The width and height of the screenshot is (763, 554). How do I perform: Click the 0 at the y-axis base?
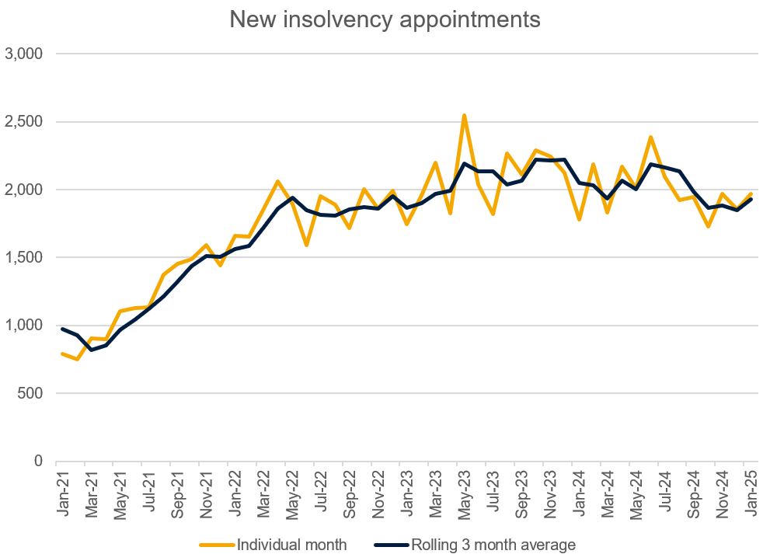click(37, 461)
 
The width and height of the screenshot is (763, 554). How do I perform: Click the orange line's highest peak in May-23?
click(464, 115)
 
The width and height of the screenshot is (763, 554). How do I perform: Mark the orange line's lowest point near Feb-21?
click(77, 359)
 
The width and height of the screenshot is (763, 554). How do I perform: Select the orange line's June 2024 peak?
click(650, 138)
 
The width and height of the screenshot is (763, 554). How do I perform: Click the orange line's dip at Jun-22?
click(307, 245)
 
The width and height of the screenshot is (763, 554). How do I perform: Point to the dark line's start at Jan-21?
click(63, 329)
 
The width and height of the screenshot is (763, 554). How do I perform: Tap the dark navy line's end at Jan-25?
click(751, 199)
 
